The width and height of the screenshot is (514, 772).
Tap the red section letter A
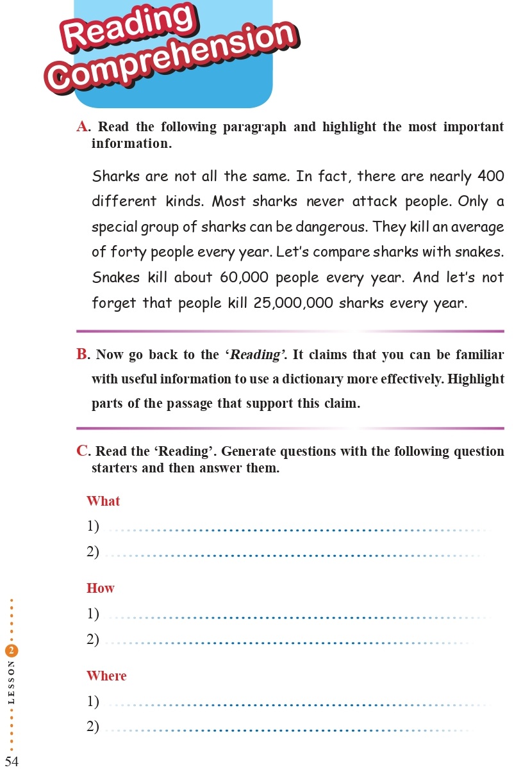82,127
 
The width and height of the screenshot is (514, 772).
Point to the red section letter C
83,451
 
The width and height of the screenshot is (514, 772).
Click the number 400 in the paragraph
490,176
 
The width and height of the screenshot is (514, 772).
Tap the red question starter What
103,501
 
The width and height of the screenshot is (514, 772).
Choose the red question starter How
101,588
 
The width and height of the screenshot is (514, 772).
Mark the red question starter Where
106,676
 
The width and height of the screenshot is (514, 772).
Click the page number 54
12,761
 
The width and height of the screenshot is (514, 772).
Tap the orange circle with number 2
12,651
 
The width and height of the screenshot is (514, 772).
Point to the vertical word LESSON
12,682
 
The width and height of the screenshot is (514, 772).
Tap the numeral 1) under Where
93,702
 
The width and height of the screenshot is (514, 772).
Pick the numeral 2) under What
93,551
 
